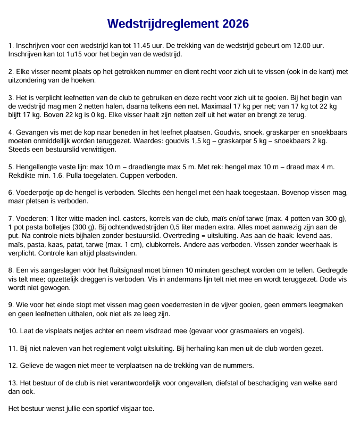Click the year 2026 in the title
pos(232,24)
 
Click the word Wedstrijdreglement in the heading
pos(163,24)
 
